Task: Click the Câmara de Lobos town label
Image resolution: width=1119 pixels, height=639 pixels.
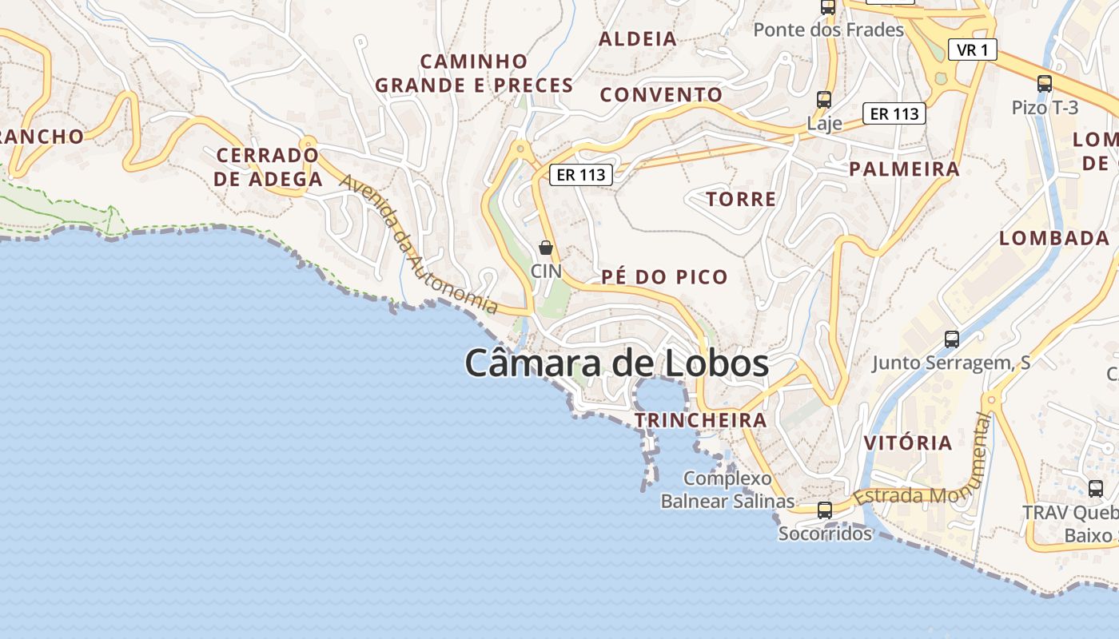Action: pos(616,364)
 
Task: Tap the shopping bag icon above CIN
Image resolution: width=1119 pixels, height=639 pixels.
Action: pos(546,248)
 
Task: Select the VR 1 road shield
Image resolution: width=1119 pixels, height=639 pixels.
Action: pos(973,50)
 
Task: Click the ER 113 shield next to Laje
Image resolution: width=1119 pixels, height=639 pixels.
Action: pos(894,114)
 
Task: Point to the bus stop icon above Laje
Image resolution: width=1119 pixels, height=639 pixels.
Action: pos(824,100)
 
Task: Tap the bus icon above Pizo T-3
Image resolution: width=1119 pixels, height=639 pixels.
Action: pos(1045,84)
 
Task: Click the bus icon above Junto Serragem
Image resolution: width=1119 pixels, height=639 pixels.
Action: pos(951,339)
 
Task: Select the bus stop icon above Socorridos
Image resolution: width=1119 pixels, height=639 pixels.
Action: pos(825,510)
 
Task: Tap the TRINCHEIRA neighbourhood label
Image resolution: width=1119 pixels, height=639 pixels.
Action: pos(700,420)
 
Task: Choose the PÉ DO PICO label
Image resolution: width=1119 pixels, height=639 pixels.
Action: pos(664,278)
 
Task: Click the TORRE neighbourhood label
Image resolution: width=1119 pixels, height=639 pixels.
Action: pos(741,200)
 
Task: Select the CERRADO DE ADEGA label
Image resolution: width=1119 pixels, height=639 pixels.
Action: pos(268,167)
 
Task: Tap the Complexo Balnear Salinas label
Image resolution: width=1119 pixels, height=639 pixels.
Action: pos(727,490)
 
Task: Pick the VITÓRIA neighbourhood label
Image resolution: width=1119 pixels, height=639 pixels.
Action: pos(908,443)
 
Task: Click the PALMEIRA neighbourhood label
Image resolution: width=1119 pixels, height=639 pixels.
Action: pos(904,169)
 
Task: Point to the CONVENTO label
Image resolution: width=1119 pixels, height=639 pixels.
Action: pos(661,95)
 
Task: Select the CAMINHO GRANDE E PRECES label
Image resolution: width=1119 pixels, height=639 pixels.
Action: pos(474,73)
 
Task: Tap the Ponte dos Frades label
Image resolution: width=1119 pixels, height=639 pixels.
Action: pos(829,30)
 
